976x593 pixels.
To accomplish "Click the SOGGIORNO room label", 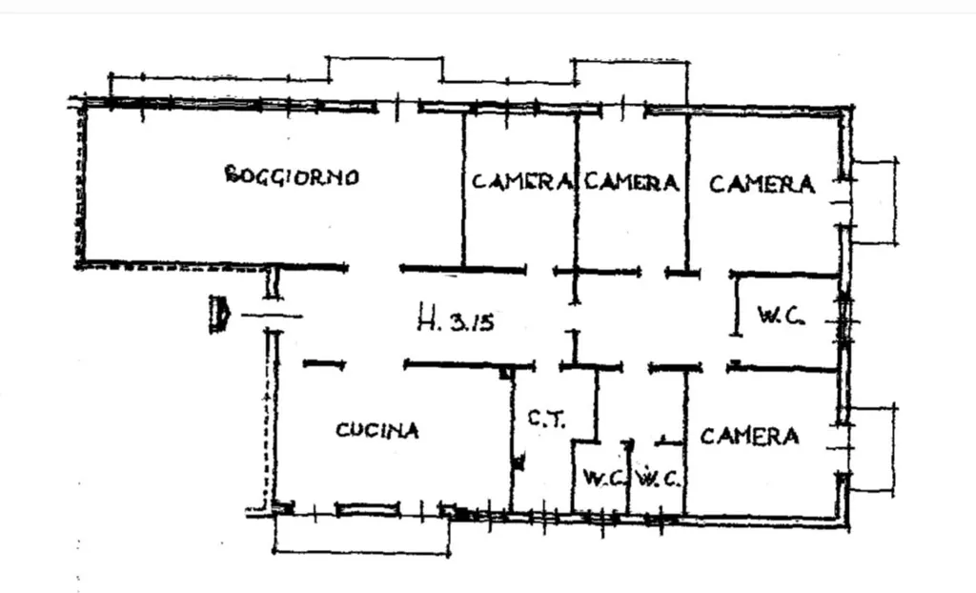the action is click(292, 175).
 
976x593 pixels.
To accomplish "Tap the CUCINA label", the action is click(377, 430).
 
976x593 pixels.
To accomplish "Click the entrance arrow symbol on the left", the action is click(220, 314).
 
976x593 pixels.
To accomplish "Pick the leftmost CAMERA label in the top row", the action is click(521, 182).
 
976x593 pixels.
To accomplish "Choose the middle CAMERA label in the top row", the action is click(631, 182).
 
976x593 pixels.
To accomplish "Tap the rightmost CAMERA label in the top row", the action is click(762, 184).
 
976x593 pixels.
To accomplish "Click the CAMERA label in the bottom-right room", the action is click(749, 436).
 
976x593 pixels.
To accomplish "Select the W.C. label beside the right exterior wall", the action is click(782, 315).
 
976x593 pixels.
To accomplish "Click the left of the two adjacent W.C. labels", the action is click(603, 479).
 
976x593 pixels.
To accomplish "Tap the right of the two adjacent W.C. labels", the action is click(658, 479).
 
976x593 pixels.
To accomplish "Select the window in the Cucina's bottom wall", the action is click(367, 509).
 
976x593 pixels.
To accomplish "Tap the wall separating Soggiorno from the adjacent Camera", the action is click(464, 190).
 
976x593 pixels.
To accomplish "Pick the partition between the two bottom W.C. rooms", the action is click(628, 477).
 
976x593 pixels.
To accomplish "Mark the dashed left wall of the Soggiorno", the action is click(80, 185).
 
